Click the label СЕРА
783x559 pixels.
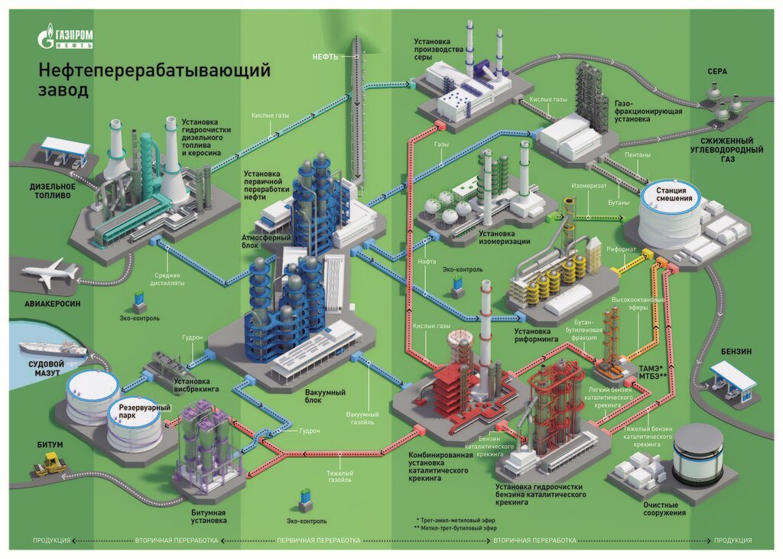click(716, 71)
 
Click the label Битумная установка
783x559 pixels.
click(207, 516)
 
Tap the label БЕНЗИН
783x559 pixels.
click(736, 351)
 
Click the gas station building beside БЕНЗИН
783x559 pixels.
click(733, 380)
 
